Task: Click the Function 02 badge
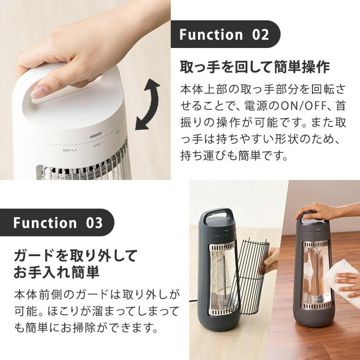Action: (x=224, y=35)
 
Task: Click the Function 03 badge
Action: (x=57, y=223)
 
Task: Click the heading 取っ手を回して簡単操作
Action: (x=255, y=67)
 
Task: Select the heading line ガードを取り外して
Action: (x=76, y=255)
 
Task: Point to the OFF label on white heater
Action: (x=96, y=145)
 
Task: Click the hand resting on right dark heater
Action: (x=318, y=210)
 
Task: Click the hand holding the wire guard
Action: (x=271, y=258)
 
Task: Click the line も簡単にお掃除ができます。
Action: (x=86, y=328)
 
